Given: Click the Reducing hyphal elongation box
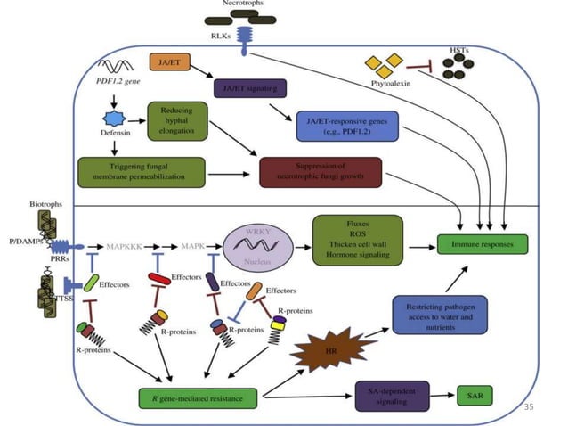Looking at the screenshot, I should (x=177, y=120).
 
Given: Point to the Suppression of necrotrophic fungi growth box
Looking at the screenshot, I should (x=321, y=171).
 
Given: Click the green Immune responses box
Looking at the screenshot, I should (x=483, y=242).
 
